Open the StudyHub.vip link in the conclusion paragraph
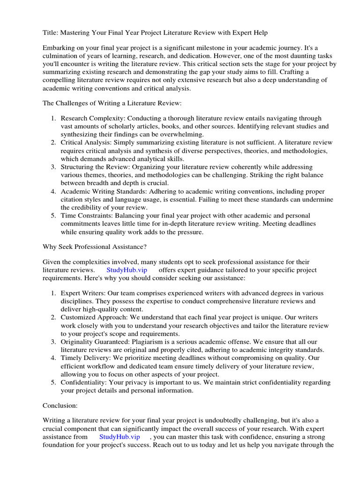120,437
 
